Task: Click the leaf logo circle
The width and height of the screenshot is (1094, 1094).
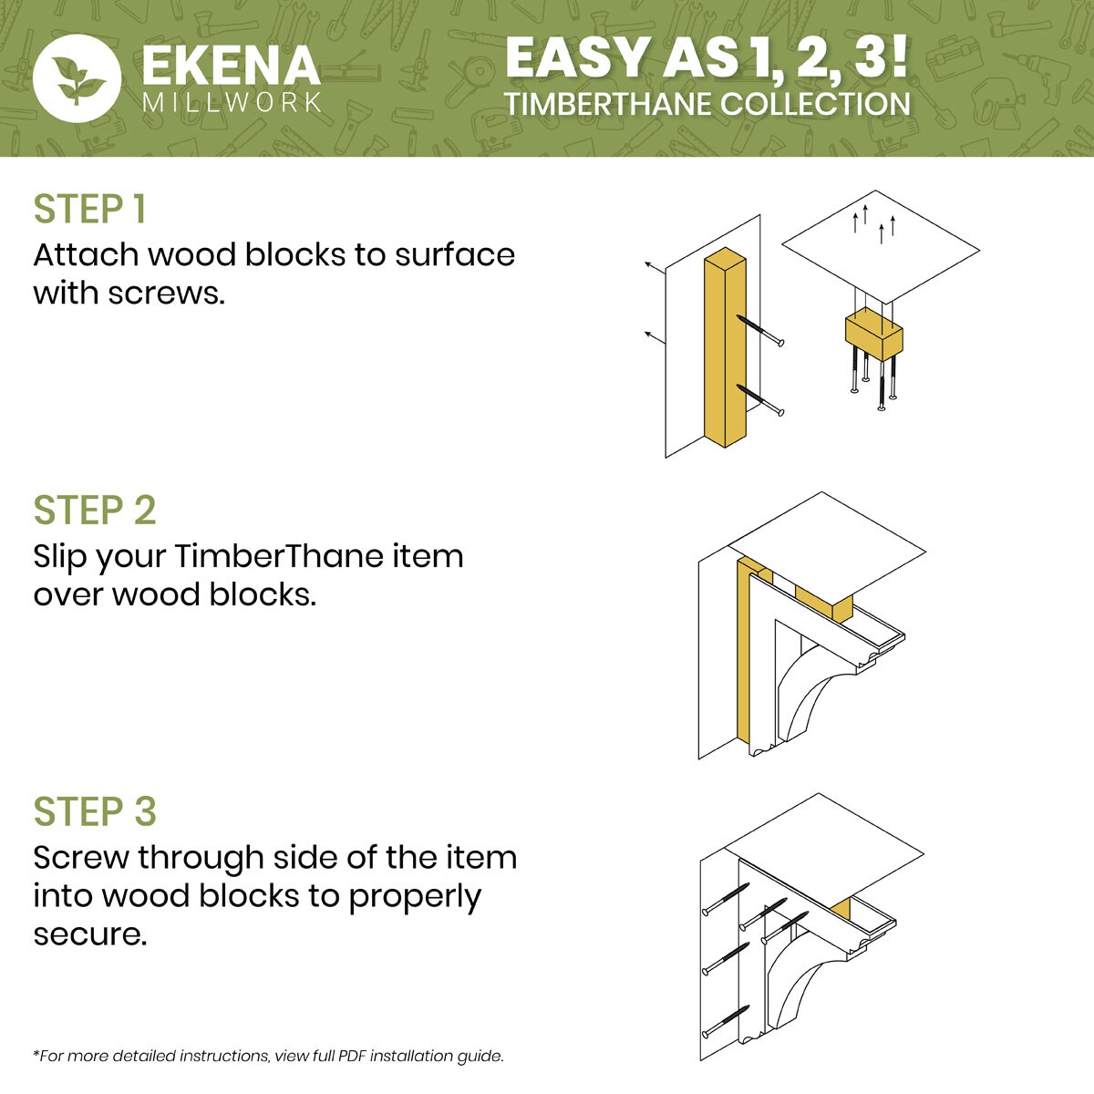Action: coord(77,77)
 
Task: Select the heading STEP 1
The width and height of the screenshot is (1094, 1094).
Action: coord(89,210)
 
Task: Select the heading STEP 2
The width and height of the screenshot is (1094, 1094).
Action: coord(95,511)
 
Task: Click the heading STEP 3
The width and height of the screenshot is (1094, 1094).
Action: coord(95,811)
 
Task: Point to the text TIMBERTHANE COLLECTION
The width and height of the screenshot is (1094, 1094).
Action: coord(707,104)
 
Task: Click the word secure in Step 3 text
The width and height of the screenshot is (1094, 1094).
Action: coord(88,934)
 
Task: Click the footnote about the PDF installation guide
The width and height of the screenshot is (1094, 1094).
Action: coord(268,1056)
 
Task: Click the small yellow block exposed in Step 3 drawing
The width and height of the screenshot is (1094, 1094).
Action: coord(842,908)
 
